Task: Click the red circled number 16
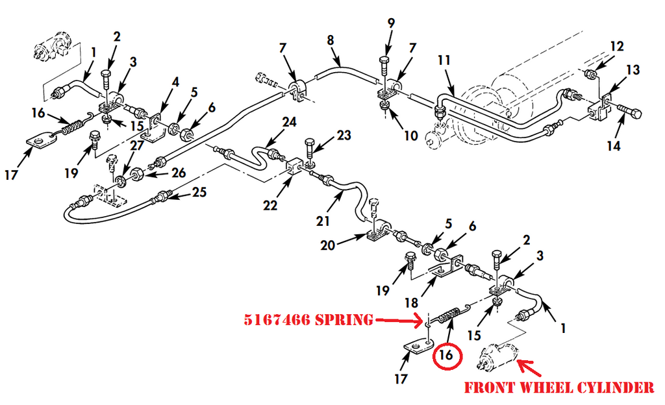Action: point(445,355)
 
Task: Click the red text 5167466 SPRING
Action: point(308,319)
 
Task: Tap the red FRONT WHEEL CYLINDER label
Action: point(558,387)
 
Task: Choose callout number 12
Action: point(616,46)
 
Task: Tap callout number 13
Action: point(633,69)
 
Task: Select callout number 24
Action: point(289,121)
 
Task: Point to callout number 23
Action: point(344,136)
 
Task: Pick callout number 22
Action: point(270,206)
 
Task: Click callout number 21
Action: point(323,221)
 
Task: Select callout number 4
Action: point(175,82)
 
